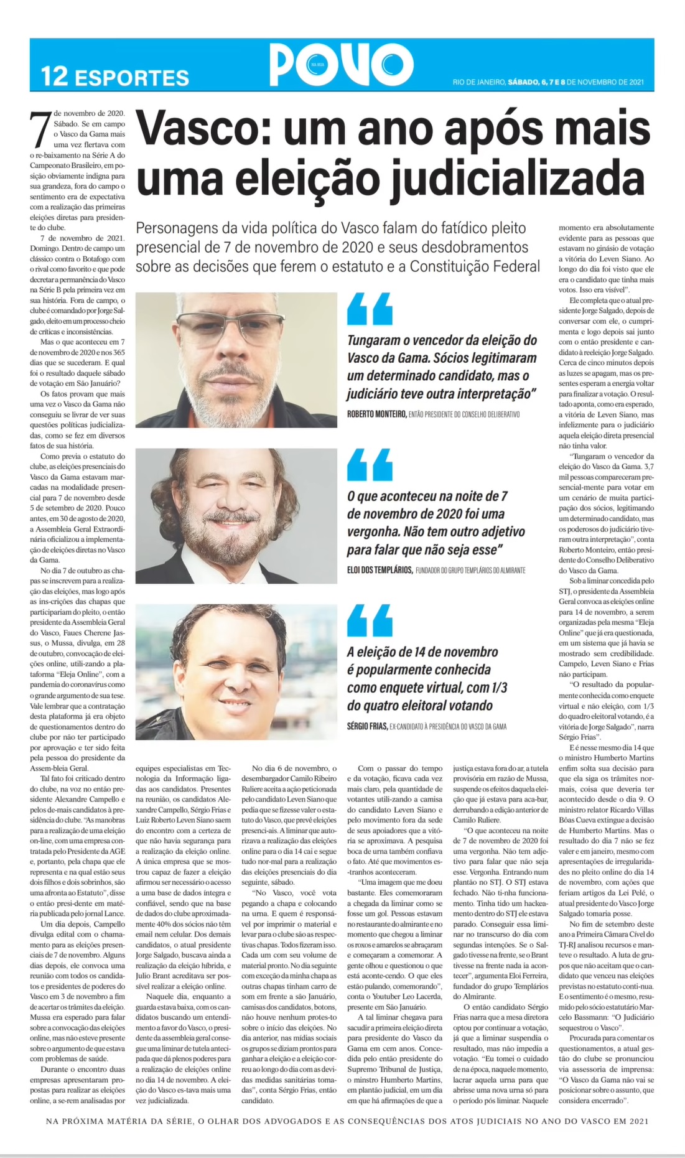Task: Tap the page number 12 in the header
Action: point(54,77)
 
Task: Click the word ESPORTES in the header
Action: point(131,78)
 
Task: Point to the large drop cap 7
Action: point(40,131)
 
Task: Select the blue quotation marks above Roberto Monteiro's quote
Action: point(370,309)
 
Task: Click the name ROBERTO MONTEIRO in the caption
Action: point(376,414)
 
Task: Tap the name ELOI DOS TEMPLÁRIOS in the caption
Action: point(380,570)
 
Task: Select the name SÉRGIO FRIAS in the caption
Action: point(367,726)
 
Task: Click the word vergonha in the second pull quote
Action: point(373,533)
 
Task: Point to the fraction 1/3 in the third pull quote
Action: point(496,688)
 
